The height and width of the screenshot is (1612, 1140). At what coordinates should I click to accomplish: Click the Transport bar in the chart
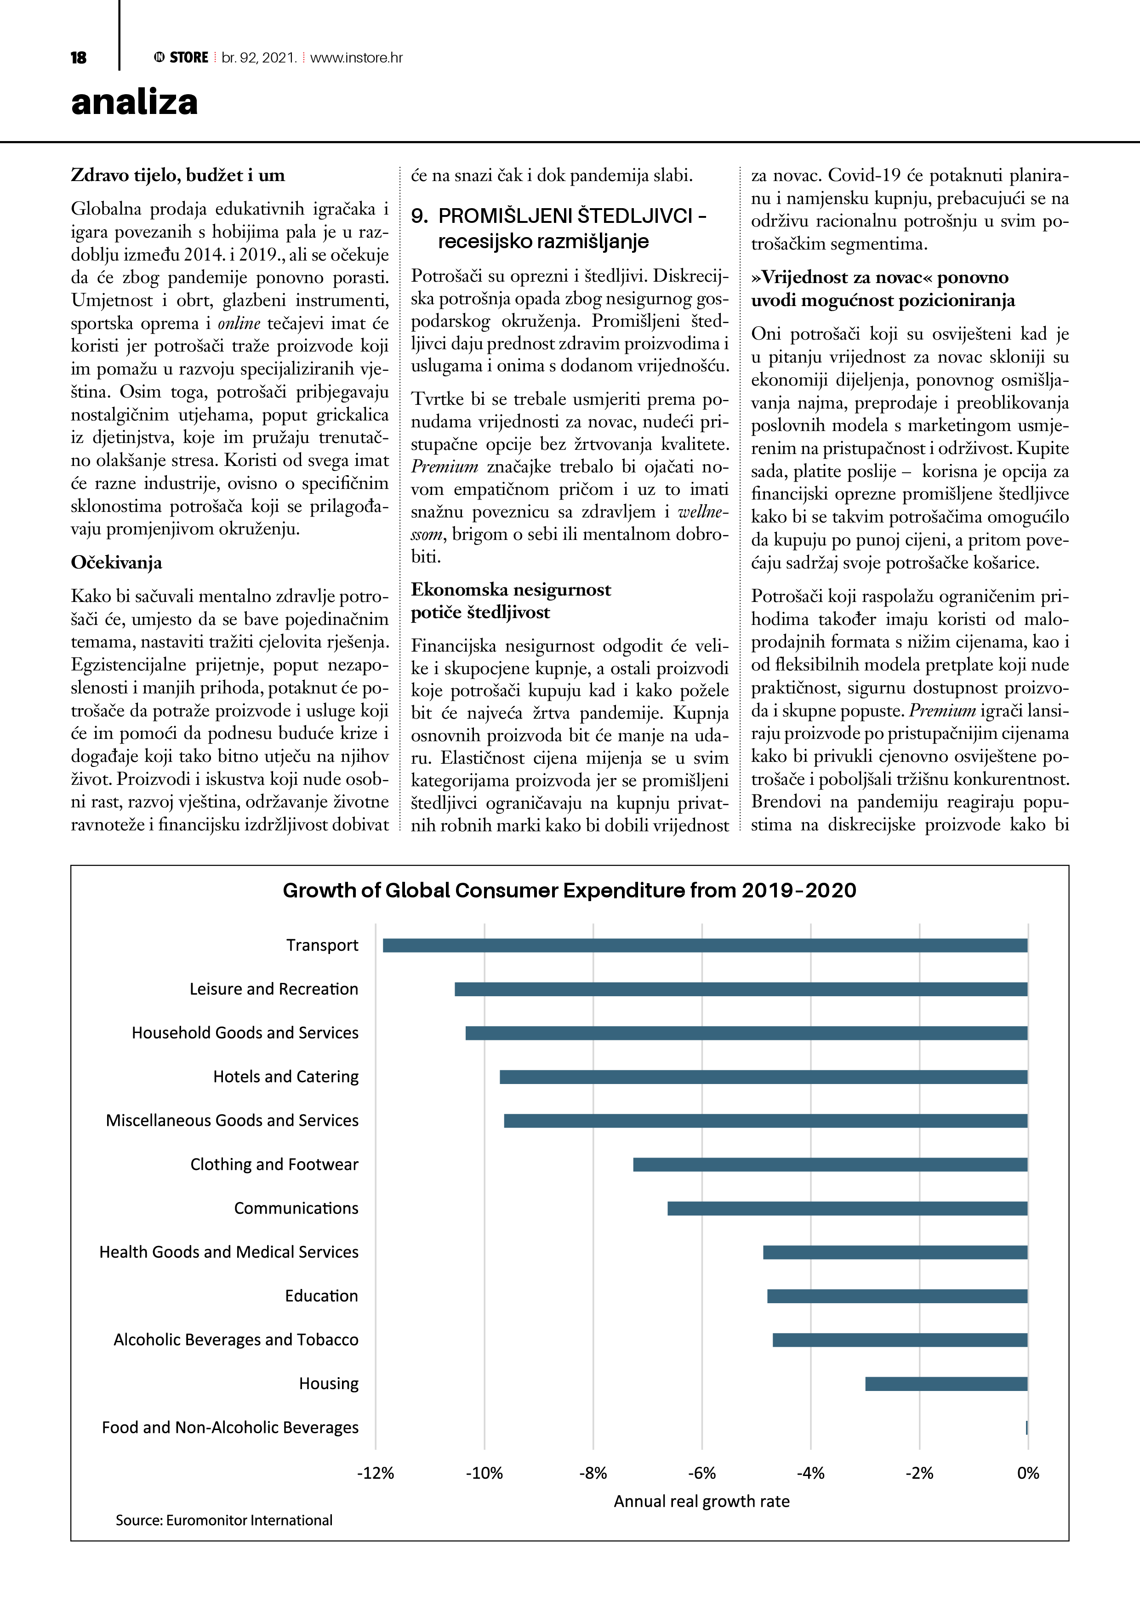[705, 946]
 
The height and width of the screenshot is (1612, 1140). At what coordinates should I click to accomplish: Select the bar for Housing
[946, 1384]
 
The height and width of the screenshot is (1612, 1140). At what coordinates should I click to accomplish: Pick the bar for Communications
[847, 1208]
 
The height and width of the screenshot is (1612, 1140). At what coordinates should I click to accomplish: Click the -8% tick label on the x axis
[593, 1473]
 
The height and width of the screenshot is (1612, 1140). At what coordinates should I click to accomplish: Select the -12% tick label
[375, 1473]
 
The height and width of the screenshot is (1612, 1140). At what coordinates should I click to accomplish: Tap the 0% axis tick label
[1028, 1473]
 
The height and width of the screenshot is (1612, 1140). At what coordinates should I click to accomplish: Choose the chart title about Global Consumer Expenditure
[569, 890]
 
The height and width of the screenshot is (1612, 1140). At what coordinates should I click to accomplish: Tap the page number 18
[79, 57]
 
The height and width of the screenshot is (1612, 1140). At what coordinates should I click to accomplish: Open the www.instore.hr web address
[356, 57]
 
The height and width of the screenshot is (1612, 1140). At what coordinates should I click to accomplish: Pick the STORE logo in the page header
[181, 57]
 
